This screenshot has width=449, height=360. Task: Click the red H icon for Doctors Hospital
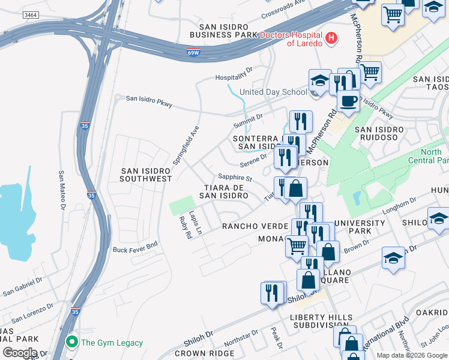(331, 40)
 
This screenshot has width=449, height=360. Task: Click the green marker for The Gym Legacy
(73, 343)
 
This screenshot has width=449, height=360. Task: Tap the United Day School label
(273, 92)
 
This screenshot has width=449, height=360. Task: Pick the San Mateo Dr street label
(61, 190)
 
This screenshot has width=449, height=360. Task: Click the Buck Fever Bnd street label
(135, 247)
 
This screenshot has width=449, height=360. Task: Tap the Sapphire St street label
(235, 177)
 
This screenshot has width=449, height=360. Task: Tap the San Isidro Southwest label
(145, 175)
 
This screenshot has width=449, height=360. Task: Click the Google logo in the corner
(20, 352)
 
